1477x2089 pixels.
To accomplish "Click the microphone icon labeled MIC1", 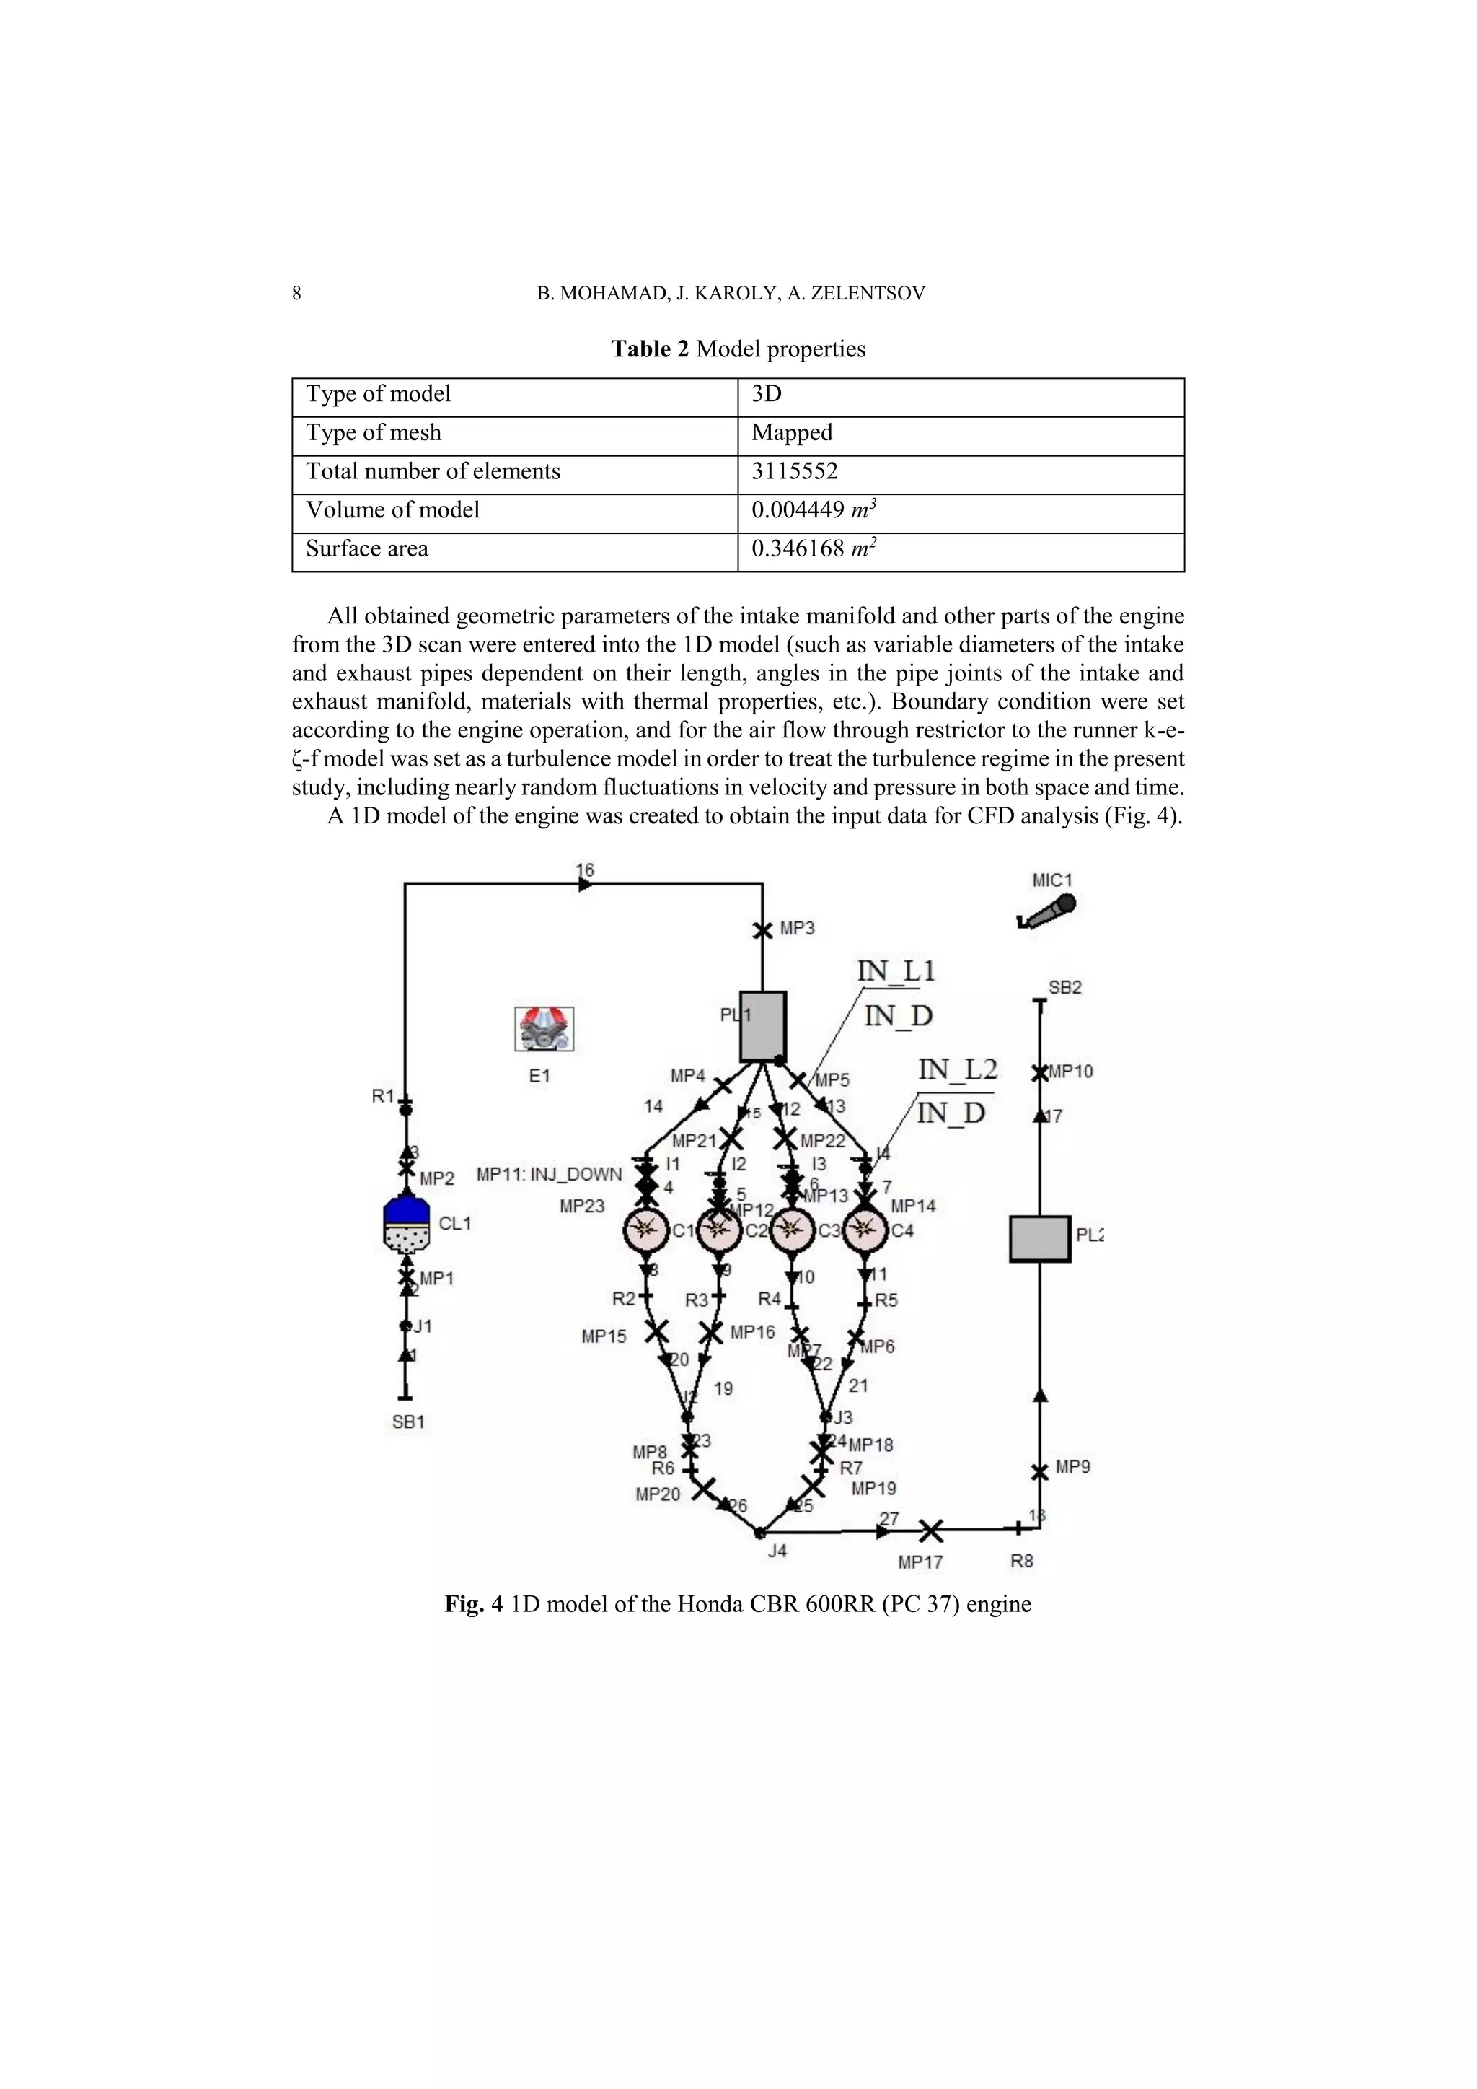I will point(1048,911).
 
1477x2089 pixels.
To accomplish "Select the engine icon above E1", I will point(544,1029).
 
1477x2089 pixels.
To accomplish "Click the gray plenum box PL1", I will point(762,1026).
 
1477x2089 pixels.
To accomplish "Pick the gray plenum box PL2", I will point(1039,1238).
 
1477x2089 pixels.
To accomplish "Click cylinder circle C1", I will point(645,1231).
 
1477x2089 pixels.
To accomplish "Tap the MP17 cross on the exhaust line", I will point(930,1531).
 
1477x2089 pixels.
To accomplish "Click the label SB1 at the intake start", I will point(408,1422).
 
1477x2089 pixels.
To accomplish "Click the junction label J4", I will point(777,1551).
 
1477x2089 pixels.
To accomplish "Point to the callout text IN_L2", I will point(957,1069).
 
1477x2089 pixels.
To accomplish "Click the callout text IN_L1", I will point(896,971).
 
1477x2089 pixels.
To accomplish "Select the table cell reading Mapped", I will point(791,433).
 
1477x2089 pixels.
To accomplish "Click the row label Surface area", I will point(366,548).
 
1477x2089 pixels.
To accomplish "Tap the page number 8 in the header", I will point(296,293).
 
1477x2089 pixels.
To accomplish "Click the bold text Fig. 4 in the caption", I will point(473,1603).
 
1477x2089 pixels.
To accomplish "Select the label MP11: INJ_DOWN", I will point(550,1174).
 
